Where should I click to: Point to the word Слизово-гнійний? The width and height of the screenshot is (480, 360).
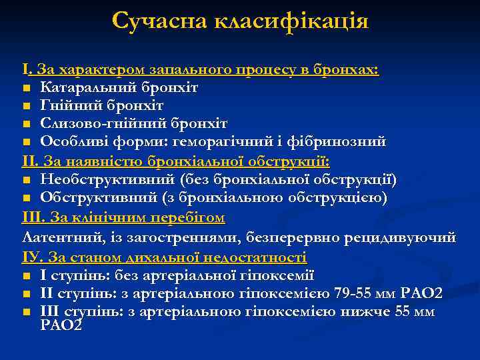tap(99, 125)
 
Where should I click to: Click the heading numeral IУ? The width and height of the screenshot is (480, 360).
tap(31, 257)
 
